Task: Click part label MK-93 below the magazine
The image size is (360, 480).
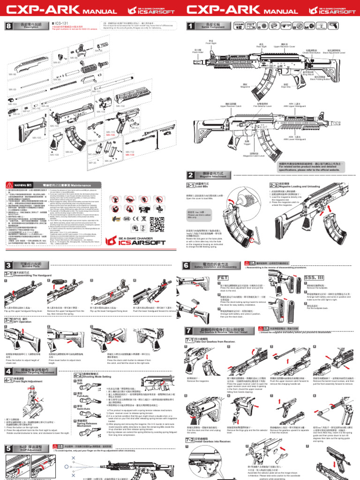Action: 69,152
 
